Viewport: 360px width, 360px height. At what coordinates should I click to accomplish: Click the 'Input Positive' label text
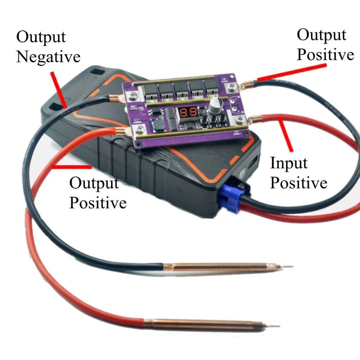coord(298,173)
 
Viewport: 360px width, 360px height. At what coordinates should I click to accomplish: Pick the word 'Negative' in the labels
coord(48,57)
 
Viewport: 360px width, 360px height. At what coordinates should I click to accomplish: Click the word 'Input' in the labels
coord(288,163)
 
